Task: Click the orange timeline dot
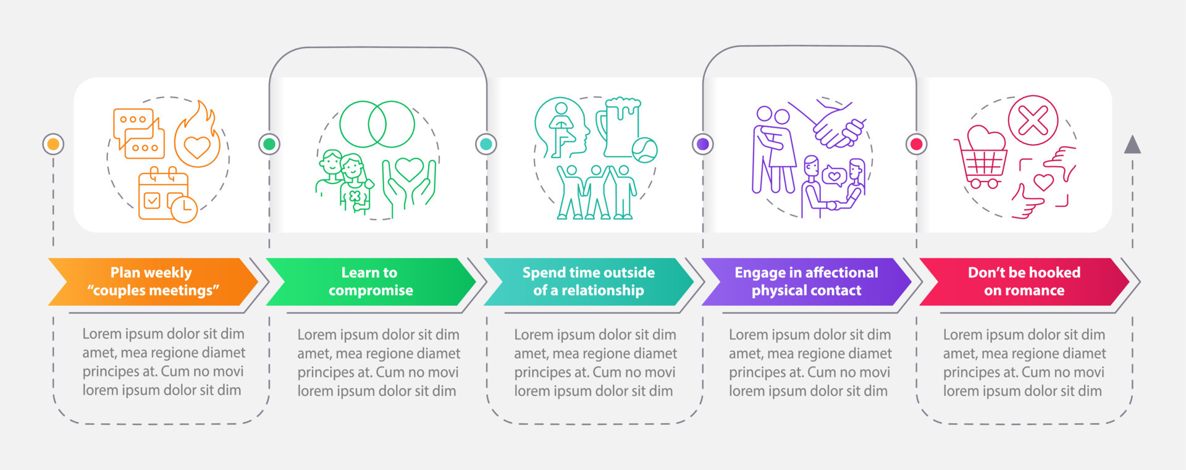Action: tap(53, 144)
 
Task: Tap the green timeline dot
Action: tap(269, 144)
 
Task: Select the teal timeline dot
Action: tap(486, 144)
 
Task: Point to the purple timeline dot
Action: tap(702, 144)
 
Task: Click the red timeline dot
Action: tap(917, 144)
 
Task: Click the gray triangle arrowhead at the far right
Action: tap(1132, 145)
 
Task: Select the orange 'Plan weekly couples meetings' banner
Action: tap(152, 282)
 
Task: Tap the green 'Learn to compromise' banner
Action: tap(370, 282)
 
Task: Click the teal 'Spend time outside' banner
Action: tap(588, 282)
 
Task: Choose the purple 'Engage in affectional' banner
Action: tap(805, 282)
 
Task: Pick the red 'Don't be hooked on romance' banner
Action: tap(1024, 282)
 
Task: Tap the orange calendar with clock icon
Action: tap(166, 195)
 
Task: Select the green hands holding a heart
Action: tap(409, 182)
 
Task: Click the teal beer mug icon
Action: tap(620, 126)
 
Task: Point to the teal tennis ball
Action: tap(644, 149)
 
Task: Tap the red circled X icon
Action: tap(1033, 120)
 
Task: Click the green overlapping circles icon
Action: tap(377, 124)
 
